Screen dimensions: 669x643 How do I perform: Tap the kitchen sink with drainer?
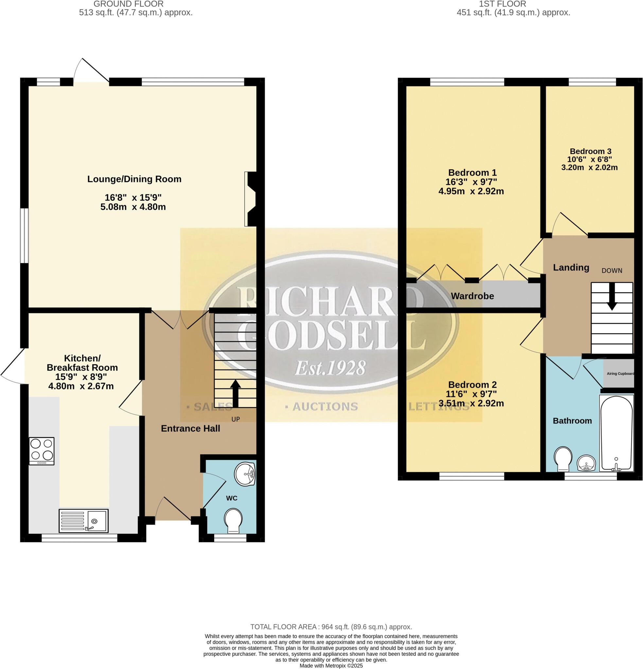point(83,520)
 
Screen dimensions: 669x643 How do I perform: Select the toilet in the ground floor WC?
point(233,520)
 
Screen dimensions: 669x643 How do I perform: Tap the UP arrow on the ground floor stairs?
point(235,393)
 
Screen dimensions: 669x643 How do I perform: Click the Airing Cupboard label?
point(620,374)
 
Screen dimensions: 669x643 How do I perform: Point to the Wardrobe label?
point(472,296)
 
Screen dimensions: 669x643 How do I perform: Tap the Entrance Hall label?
point(190,428)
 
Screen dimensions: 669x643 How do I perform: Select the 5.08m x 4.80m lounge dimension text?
point(133,207)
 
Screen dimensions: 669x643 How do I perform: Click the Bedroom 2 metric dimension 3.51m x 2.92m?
point(471,403)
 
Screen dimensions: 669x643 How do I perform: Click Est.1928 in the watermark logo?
point(330,368)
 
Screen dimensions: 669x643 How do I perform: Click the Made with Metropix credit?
point(331,666)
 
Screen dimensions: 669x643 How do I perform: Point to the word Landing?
point(571,267)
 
